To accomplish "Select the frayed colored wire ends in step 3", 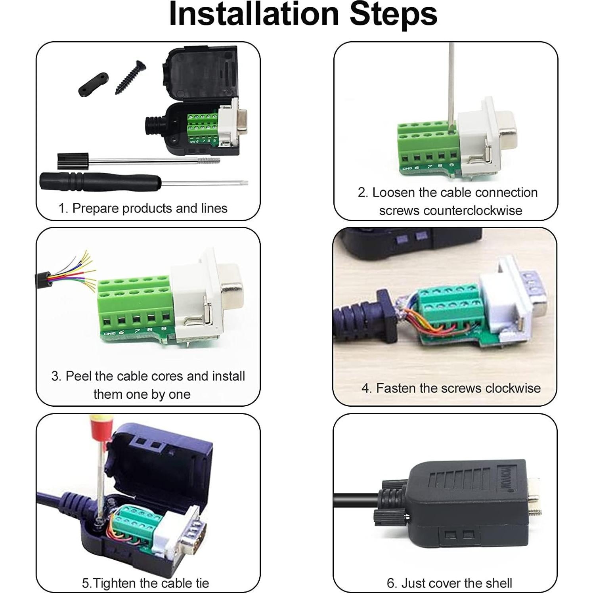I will [x=85, y=270].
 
